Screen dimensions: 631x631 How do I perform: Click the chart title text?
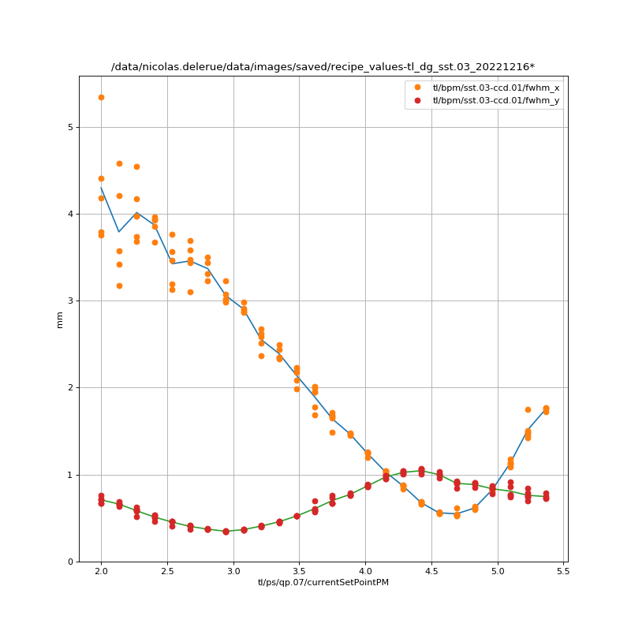tap(323, 67)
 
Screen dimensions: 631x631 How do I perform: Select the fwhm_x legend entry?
tap(495, 88)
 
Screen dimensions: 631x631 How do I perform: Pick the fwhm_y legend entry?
tap(495, 99)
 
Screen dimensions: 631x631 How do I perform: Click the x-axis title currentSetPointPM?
tap(323, 582)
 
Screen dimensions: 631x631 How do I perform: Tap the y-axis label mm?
tap(60, 319)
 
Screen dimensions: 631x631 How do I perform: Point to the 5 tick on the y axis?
tap(70, 127)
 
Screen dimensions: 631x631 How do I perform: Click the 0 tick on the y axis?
tap(70, 562)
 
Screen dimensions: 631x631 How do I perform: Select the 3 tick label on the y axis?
tap(70, 301)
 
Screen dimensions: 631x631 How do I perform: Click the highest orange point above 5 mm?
tap(101, 97)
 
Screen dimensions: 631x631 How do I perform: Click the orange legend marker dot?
tap(418, 88)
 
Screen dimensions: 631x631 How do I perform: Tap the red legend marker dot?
tap(418, 99)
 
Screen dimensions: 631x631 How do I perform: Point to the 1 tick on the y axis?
tap(70, 475)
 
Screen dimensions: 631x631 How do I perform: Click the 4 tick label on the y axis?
tap(70, 214)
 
